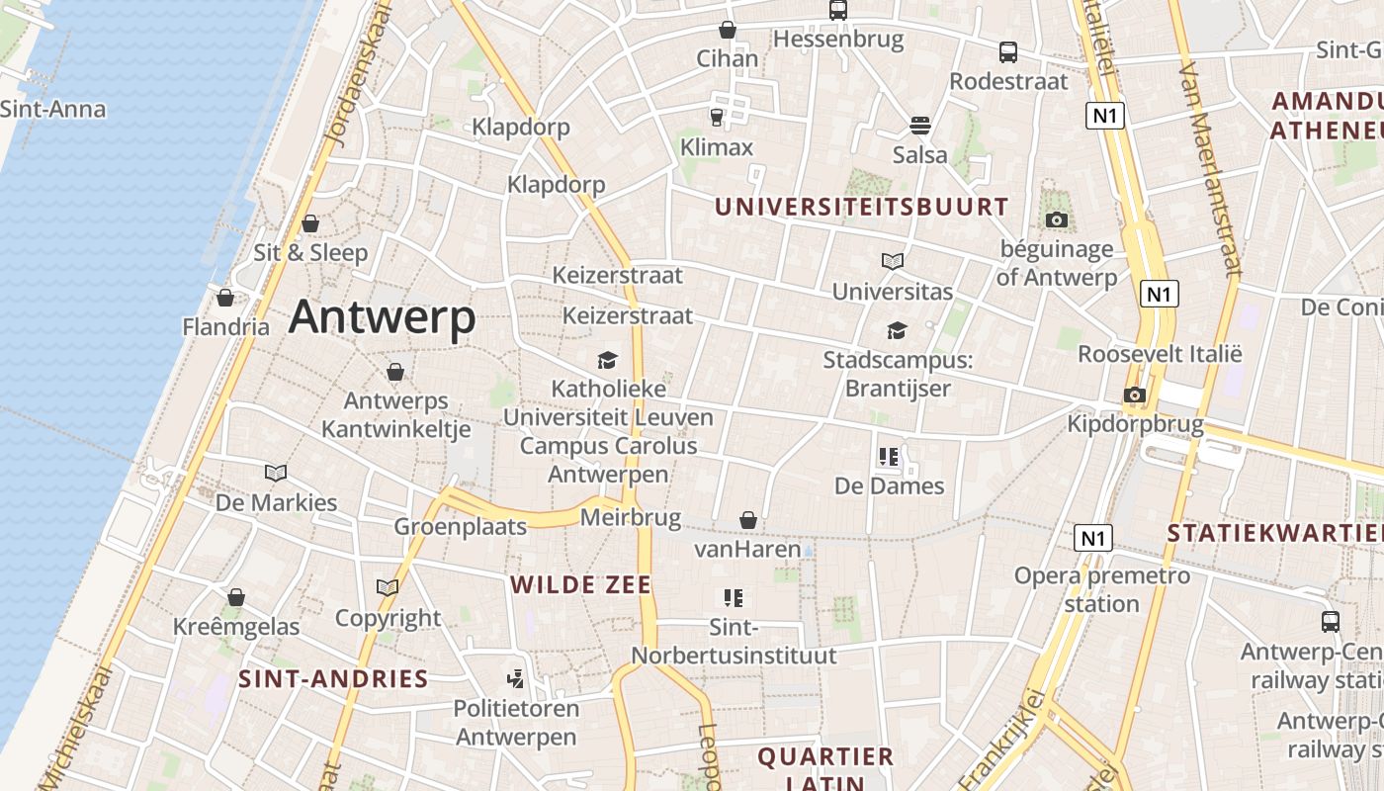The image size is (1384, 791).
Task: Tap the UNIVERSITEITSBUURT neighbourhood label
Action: pyautogui.click(x=861, y=208)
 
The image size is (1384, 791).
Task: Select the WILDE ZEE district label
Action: pyautogui.click(x=580, y=585)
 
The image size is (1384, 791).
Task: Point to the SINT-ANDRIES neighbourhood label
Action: pyautogui.click(x=333, y=679)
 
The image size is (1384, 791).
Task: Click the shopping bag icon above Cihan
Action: pyautogui.click(x=728, y=30)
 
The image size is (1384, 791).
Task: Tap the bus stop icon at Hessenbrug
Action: pyautogui.click(x=838, y=11)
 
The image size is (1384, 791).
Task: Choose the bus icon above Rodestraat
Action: pyautogui.click(x=1008, y=52)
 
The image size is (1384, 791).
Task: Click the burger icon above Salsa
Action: pyautogui.click(x=920, y=126)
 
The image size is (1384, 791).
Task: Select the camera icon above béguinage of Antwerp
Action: pyautogui.click(x=1057, y=220)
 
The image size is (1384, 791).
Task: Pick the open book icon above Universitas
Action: pyautogui.click(x=893, y=262)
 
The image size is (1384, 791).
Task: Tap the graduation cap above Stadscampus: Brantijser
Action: pyautogui.click(x=897, y=330)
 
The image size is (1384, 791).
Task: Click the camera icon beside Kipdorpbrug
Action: pyautogui.click(x=1134, y=395)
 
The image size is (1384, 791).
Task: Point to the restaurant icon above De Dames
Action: pyautogui.click(x=889, y=457)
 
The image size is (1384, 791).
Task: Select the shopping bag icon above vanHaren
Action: pyautogui.click(x=748, y=520)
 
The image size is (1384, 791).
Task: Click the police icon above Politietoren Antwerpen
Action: pyautogui.click(x=515, y=679)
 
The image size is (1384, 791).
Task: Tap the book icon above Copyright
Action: pyautogui.click(x=388, y=588)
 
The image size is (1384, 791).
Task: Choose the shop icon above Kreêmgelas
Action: pyautogui.click(x=236, y=597)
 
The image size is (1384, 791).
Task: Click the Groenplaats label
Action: pyautogui.click(x=461, y=526)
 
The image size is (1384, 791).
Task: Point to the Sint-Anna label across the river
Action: pyautogui.click(x=52, y=109)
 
